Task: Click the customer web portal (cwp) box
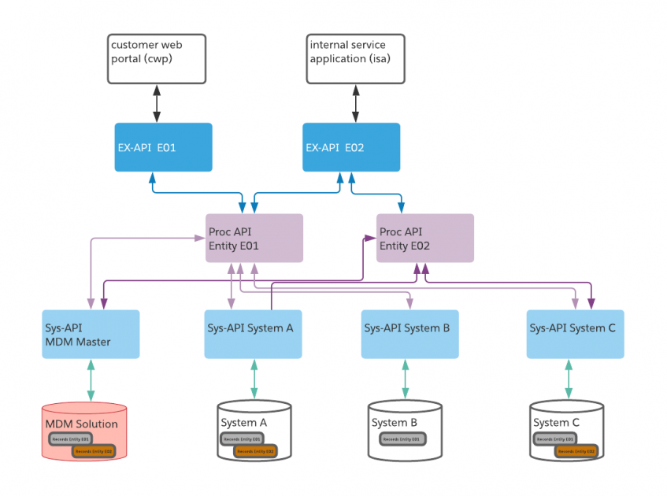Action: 156,58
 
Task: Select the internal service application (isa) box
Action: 355,58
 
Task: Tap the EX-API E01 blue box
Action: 163,146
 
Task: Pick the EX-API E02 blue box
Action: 351,146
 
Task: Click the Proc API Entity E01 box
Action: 254,239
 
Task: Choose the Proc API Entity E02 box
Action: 425,238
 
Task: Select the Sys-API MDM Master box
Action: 91,334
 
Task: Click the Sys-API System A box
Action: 253,334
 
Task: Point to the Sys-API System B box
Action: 409,334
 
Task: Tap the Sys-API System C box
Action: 575,334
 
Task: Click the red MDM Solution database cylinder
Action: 84,431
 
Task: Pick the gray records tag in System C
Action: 554,438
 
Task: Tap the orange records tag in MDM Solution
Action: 94,451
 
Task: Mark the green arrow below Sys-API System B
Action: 406,379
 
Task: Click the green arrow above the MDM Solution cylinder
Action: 91,380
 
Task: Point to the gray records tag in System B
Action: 400,438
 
